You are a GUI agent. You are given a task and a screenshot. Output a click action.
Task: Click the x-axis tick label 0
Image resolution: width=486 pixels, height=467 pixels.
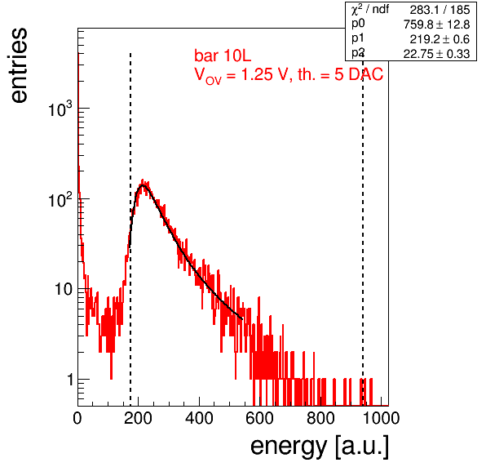[x=77, y=418]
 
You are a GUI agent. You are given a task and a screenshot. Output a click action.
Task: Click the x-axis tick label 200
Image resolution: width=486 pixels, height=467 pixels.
[x=138, y=418]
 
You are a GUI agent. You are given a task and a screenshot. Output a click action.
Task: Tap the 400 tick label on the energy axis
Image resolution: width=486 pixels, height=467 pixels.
[x=199, y=418]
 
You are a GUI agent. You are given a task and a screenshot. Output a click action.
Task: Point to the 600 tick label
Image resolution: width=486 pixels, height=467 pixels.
[x=260, y=418]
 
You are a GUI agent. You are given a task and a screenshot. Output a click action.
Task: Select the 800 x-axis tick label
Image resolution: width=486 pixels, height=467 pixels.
[x=320, y=418]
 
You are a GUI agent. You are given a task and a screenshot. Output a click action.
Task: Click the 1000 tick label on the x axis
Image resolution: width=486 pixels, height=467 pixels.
[x=381, y=418]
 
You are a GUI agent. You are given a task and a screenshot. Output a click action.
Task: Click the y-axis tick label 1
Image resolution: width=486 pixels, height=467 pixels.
[x=70, y=379]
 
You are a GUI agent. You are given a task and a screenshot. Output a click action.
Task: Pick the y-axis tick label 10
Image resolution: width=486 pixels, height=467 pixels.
[x=64, y=289]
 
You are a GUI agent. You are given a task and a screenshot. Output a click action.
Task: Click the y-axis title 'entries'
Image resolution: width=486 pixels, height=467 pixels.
[x=20, y=65]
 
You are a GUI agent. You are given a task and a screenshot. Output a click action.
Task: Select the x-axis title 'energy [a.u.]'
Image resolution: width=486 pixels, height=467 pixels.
[x=320, y=447]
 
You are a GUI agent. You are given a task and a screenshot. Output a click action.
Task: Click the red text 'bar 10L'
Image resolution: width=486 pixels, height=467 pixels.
[x=223, y=56]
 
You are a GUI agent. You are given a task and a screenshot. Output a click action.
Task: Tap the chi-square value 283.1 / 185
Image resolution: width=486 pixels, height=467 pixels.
[x=440, y=10]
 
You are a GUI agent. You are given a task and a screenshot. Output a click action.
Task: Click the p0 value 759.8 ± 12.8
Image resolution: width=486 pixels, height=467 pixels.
[x=436, y=24]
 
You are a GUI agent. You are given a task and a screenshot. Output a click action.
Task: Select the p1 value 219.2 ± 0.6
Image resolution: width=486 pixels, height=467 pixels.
[x=440, y=39]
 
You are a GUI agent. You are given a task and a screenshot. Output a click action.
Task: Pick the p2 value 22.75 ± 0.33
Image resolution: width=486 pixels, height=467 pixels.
[x=436, y=54]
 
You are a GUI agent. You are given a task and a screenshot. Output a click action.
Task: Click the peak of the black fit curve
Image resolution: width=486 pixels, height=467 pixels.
[x=143, y=185]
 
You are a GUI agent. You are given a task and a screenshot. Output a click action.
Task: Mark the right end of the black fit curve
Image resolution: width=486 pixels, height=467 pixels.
[x=242, y=318]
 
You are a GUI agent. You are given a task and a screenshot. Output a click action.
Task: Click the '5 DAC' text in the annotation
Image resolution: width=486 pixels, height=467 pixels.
[x=359, y=75]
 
